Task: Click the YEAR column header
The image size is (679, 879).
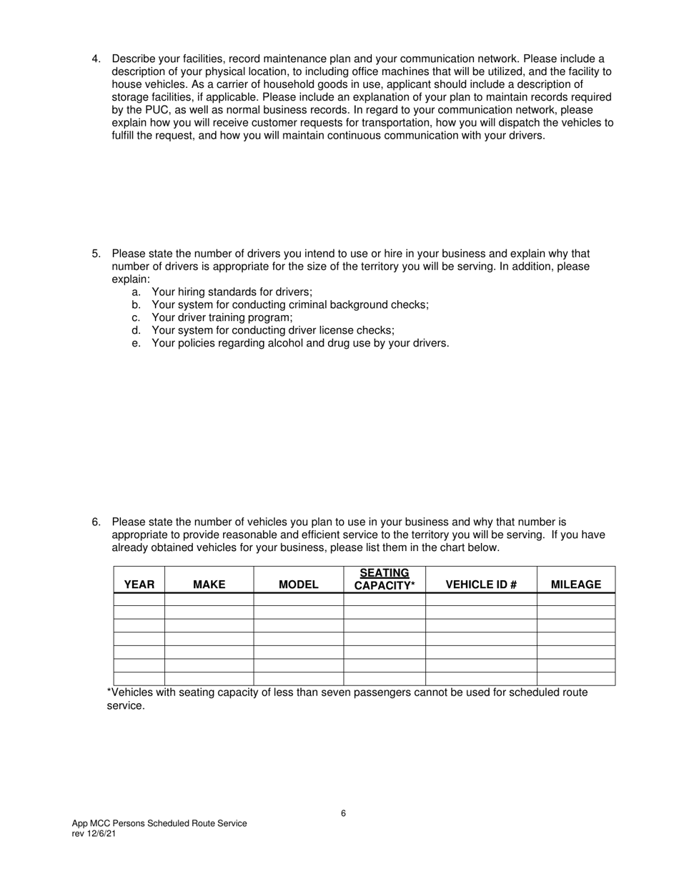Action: (139, 585)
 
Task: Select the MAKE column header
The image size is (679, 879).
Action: (209, 585)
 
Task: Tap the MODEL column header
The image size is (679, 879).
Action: (298, 585)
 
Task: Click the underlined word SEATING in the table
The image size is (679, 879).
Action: (385, 573)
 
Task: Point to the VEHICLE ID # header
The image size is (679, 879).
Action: (481, 585)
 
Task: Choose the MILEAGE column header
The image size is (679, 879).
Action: (576, 585)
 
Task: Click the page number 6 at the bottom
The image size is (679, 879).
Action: (344, 813)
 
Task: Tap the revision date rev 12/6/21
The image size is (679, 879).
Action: (94, 834)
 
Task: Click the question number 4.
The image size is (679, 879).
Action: (96, 59)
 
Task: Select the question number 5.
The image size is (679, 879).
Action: (96, 254)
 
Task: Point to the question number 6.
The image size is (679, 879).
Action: (96, 522)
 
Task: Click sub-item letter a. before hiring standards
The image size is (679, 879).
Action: (136, 292)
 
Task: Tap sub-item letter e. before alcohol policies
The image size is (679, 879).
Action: (136, 343)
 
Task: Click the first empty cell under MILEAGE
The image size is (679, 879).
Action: (576, 600)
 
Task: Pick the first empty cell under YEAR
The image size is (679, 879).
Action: (139, 600)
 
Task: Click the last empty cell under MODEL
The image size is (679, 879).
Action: (298, 679)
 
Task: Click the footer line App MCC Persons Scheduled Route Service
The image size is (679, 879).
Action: (159, 823)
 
